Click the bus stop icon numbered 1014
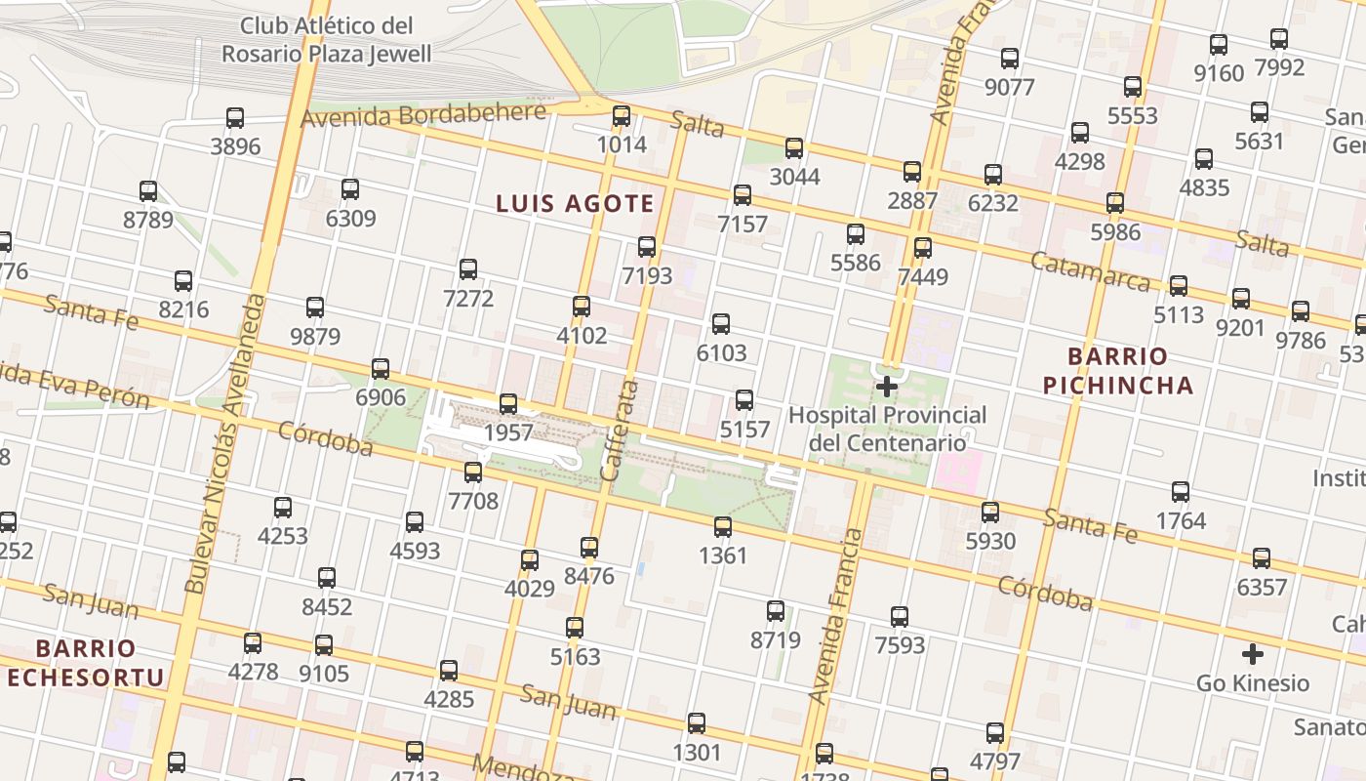(622, 117)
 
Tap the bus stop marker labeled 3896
(235, 118)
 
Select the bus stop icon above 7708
(473, 473)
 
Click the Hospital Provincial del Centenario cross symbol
(886, 387)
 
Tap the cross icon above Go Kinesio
(1253, 654)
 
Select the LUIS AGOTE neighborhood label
(575, 204)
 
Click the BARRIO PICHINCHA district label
(1118, 371)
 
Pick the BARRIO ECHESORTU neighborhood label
(85, 663)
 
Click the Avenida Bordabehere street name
(423, 115)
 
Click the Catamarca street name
(1090, 271)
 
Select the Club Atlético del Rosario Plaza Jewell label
(326, 40)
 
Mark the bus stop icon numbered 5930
(990, 513)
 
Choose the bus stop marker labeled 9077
(1010, 59)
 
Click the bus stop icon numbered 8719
(776, 612)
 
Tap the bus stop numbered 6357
(1262, 558)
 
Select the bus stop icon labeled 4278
(253, 643)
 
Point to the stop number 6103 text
(721, 353)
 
